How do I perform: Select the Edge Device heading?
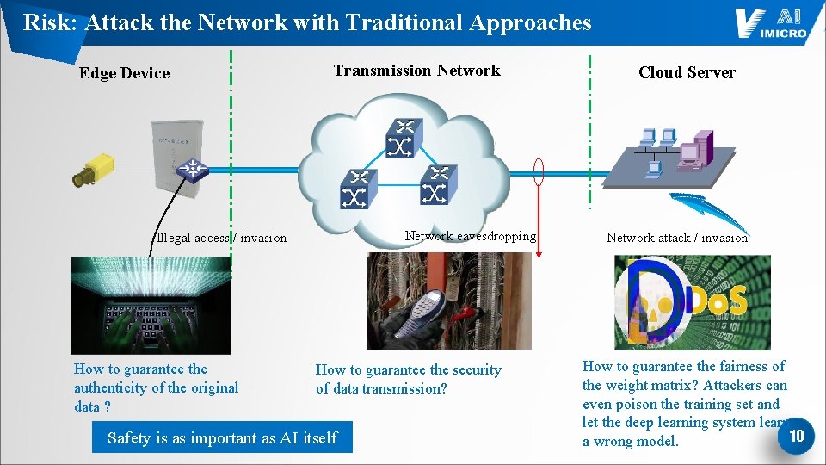click(x=124, y=73)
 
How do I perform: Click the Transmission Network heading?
click(x=416, y=71)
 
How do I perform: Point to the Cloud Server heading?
click(x=687, y=72)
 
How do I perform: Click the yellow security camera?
click(x=94, y=170)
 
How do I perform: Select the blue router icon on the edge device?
click(x=192, y=170)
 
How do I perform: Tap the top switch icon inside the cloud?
click(x=401, y=139)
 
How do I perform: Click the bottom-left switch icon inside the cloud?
click(x=354, y=189)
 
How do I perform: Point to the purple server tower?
click(x=695, y=150)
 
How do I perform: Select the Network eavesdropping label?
click(x=470, y=236)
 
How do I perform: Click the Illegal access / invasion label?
click(x=221, y=238)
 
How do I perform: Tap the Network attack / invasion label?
click(x=676, y=238)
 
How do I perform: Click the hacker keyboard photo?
click(x=151, y=306)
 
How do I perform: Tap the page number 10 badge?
click(x=796, y=436)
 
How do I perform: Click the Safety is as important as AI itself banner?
click(x=222, y=438)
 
